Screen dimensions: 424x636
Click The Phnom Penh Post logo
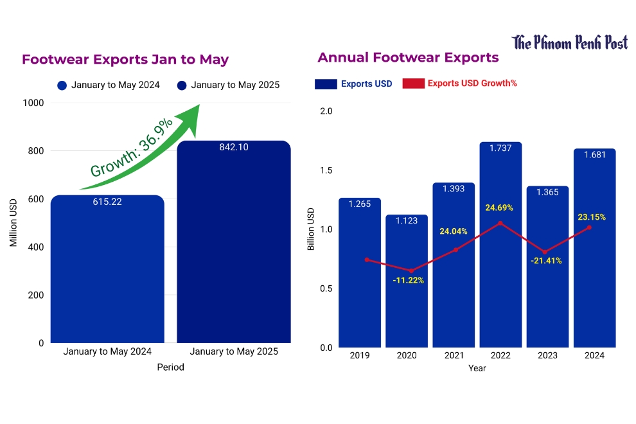coord(569,43)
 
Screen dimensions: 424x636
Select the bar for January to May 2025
coord(234,251)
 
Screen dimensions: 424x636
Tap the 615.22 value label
coord(107,202)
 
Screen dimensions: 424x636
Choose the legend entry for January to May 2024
coord(108,85)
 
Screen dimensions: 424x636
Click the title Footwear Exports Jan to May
coord(125,60)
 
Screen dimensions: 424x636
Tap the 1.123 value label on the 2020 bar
coord(407,220)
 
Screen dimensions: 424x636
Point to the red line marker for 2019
coord(367,260)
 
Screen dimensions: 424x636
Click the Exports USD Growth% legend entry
coord(459,84)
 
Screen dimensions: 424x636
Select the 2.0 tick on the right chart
coord(326,111)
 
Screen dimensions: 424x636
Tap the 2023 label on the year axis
coord(547,355)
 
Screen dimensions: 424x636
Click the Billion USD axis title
coord(311,229)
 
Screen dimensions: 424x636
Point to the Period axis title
coord(170,367)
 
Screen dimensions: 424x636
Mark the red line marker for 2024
coord(589,227)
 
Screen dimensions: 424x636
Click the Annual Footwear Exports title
coord(408,58)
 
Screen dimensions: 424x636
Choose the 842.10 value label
coord(234,147)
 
